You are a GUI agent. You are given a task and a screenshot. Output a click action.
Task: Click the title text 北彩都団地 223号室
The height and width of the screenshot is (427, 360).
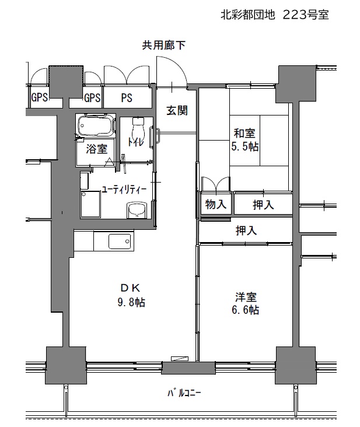(x=274, y=15)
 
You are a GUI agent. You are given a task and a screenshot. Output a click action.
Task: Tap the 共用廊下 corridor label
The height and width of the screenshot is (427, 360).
(x=163, y=45)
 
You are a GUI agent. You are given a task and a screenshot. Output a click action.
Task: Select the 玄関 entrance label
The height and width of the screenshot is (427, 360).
(x=177, y=111)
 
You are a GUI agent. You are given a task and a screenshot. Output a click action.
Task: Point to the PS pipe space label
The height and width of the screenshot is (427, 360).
(x=127, y=98)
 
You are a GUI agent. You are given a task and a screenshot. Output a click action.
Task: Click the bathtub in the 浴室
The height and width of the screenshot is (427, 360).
(x=96, y=125)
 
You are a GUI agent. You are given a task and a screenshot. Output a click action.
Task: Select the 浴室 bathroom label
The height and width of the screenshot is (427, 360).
(x=97, y=149)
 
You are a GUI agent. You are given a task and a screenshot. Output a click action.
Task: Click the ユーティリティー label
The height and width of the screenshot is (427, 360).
(x=124, y=190)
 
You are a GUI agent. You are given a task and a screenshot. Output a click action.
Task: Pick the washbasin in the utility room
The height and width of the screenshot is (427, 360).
(x=137, y=210)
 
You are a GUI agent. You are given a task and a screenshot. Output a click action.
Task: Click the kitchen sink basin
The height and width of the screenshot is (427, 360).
(x=120, y=242)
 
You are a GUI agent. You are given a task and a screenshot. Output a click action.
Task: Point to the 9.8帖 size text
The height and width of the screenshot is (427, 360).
(x=131, y=303)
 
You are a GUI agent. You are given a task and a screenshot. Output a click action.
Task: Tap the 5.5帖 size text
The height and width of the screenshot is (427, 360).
(x=245, y=147)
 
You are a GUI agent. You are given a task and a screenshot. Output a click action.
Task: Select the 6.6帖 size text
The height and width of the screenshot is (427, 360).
(x=246, y=310)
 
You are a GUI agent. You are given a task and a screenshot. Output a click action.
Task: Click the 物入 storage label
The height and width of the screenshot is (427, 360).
(x=216, y=204)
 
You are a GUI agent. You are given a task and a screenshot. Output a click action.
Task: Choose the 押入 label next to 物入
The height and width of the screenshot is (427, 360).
(x=263, y=205)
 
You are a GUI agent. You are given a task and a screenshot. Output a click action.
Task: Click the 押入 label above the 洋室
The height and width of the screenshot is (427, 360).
(x=246, y=230)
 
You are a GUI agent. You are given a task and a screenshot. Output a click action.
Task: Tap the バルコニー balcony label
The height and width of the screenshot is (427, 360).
(x=184, y=393)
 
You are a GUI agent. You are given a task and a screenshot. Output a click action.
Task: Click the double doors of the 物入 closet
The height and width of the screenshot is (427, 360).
(x=216, y=185)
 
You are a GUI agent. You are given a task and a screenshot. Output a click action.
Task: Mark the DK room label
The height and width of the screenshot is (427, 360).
(x=131, y=288)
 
